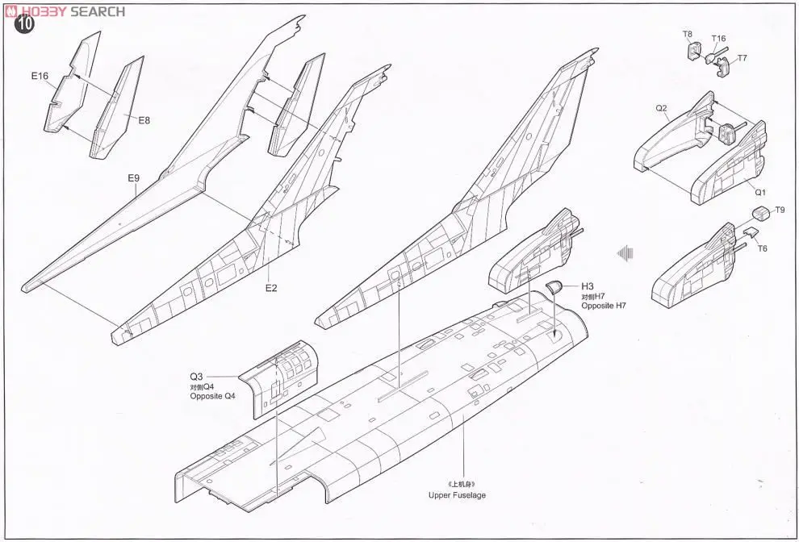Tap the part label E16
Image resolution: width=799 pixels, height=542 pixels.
coord(40,77)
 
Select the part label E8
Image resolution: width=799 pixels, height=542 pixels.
coord(144,120)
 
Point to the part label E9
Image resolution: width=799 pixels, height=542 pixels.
coord(134,178)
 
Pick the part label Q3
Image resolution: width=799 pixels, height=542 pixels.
coord(197,377)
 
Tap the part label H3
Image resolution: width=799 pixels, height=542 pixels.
coord(587,286)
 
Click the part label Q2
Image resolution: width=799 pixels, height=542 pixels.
coord(661,108)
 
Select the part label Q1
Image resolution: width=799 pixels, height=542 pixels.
coord(760,192)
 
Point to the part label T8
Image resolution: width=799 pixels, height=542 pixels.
coord(688,34)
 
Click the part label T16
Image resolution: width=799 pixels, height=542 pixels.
coord(718,39)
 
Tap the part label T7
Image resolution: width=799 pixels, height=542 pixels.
coord(742,58)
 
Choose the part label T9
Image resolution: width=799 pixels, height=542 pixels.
coord(779,210)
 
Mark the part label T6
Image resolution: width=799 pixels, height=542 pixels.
coord(762,248)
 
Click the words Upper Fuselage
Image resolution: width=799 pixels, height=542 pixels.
coord(458,495)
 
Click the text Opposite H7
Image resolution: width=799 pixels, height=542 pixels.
coord(604,307)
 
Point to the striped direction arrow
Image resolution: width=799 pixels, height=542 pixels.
coord(621,253)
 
